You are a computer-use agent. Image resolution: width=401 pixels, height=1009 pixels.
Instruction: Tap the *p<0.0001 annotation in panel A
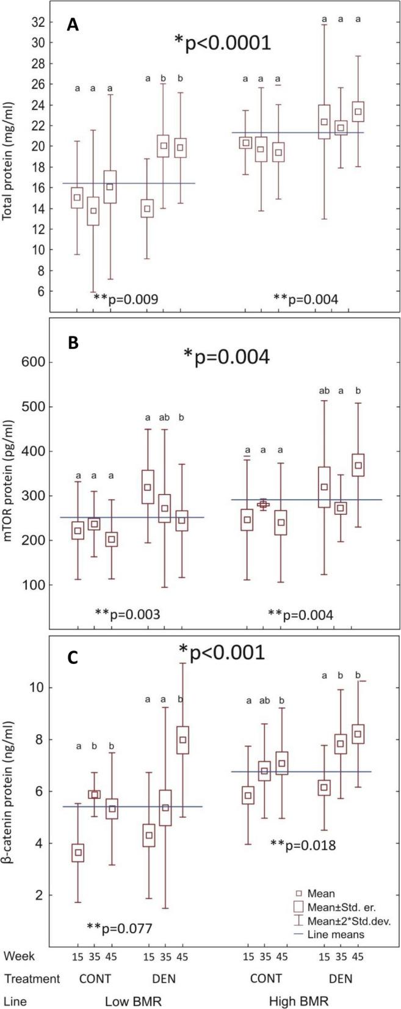point(222,43)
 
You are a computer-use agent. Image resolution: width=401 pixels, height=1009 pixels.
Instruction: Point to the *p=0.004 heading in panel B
point(226,357)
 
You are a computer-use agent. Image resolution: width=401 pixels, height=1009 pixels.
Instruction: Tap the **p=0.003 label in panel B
point(128,614)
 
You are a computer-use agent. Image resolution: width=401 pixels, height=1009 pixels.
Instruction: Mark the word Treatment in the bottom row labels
point(32,978)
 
